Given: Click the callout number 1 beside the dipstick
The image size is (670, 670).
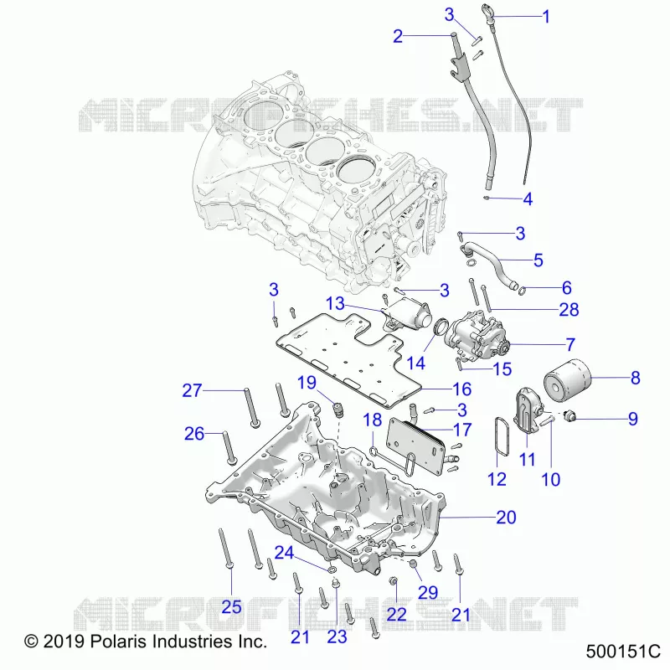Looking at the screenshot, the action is [x=546, y=17].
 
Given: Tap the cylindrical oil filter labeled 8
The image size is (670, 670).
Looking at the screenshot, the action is [x=568, y=381].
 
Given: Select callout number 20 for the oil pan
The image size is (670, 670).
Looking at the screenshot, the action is [x=507, y=518].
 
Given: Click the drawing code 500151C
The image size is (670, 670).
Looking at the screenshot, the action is [x=623, y=652].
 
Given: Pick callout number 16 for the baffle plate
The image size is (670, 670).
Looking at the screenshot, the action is [x=462, y=389].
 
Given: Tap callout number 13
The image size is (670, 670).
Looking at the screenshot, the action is [x=335, y=303].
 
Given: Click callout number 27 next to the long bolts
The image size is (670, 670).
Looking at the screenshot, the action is [x=192, y=390].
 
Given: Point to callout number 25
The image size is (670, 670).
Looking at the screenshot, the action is [x=232, y=607].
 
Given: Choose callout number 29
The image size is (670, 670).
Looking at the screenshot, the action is [x=428, y=593].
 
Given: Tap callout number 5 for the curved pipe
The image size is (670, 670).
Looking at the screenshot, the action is [x=539, y=260].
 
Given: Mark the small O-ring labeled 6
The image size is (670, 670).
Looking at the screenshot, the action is [x=522, y=291].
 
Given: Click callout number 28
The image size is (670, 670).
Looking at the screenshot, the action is [x=569, y=310].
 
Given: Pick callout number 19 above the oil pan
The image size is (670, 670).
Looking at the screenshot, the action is [x=307, y=383].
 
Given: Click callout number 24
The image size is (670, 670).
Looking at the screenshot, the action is [x=284, y=553].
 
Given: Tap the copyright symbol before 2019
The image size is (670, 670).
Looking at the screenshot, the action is [x=31, y=642].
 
